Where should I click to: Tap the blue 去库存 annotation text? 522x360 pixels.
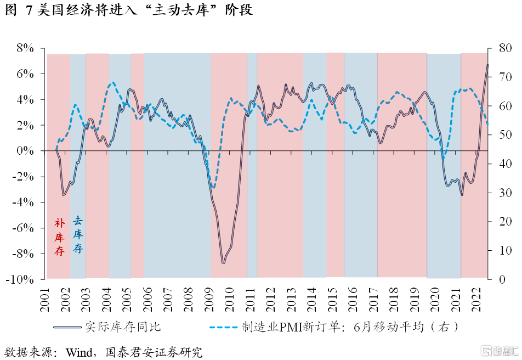point(78,235)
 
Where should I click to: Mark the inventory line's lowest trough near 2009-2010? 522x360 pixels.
point(223,262)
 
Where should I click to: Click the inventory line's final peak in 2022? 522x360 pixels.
point(487,65)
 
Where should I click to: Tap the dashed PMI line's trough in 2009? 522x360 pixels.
point(213,187)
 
